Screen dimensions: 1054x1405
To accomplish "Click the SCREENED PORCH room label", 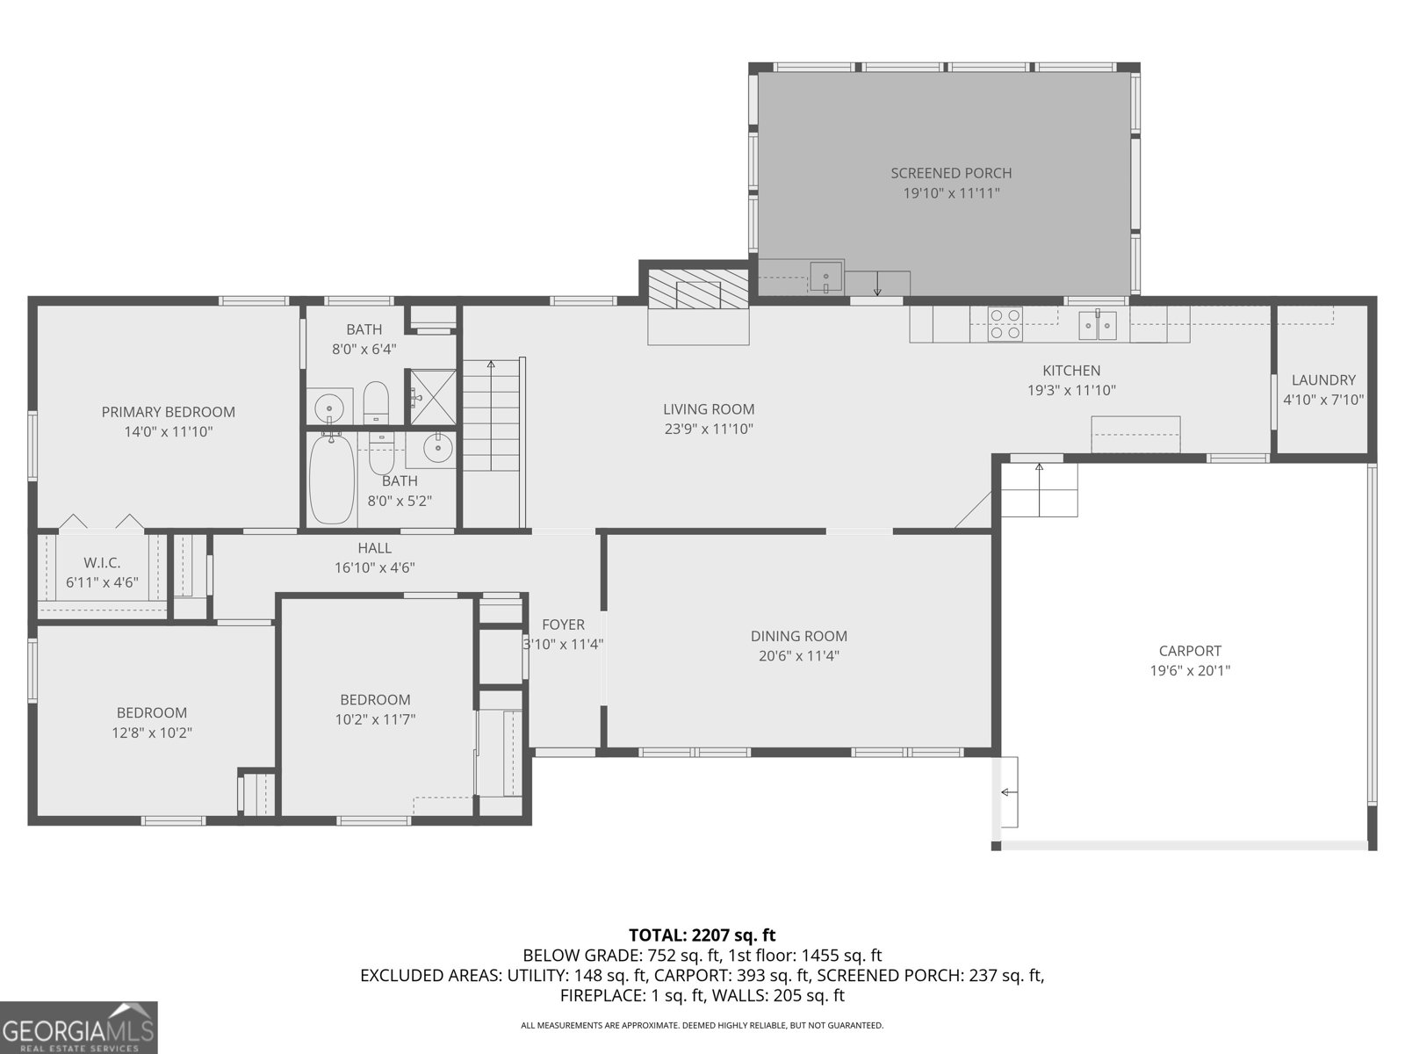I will point(951,173).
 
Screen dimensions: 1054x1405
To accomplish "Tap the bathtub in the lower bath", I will point(331,480).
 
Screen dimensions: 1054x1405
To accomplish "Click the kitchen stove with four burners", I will point(1005,323).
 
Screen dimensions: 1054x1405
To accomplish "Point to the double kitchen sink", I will point(1098,324).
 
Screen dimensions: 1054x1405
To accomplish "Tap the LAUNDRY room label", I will point(1322,380).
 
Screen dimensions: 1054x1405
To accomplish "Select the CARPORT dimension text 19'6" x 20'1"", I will point(1190,671).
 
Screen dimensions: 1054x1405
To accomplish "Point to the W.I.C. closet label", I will point(102,562).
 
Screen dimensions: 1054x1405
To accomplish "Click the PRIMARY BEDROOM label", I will point(168,412).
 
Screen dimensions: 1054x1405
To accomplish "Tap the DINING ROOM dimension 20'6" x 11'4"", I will point(798,656).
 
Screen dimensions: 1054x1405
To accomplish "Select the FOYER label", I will point(563,624).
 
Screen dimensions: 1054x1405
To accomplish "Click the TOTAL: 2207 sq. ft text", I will point(702,935).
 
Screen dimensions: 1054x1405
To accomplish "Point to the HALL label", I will point(374,548).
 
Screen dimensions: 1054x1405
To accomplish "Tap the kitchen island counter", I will point(1135,435).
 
